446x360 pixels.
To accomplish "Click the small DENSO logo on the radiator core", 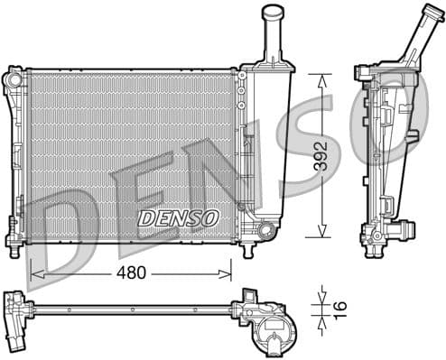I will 178,217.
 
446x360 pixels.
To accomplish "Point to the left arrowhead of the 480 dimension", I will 34,270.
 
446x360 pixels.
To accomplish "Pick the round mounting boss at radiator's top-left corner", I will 14,78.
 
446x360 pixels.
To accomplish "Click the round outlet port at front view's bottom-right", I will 265,231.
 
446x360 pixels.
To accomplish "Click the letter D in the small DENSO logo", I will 144,217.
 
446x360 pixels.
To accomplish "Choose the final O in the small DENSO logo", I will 210,217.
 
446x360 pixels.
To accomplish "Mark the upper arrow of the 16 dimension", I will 321,296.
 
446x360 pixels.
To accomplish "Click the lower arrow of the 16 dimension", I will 321,318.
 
